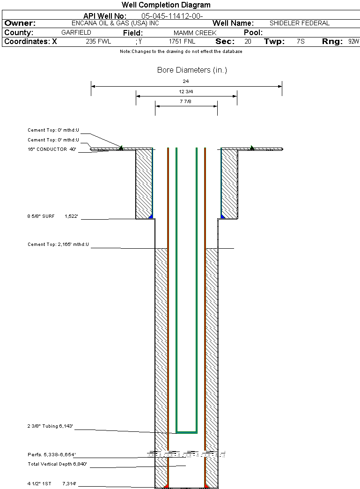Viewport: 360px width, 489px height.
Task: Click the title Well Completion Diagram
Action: [x=166, y=5]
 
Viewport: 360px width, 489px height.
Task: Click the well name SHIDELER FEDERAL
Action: [x=300, y=23]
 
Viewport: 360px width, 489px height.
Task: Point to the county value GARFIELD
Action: [x=76, y=33]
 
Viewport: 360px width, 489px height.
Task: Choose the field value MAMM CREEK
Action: [x=195, y=33]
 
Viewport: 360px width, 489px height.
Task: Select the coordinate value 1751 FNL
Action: [x=182, y=41]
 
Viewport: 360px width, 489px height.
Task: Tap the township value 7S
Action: [x=301, y=41]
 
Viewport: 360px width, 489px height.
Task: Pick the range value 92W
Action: [x=353, y=41]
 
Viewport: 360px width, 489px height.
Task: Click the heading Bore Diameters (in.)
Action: [x=192, y=70]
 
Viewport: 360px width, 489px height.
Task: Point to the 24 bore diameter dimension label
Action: [x=186, y=81]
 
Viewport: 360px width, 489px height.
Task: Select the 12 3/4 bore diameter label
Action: [x=186, y=91]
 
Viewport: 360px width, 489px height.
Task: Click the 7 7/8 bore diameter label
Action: [x=186, y=101]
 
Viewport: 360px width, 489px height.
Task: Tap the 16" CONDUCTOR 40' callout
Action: [x=52, y=149]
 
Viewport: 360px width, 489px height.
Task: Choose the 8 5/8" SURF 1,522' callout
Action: [x=52, y=217]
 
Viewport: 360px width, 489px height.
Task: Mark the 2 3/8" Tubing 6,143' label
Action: [x=50, y=426]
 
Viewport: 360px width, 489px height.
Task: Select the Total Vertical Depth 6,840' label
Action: [x=58, y=464]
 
